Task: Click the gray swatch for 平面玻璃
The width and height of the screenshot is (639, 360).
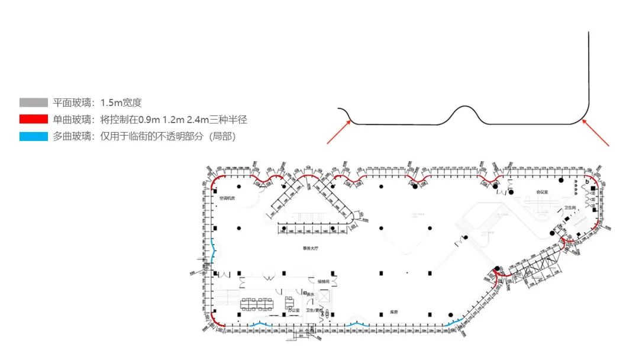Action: click(x=33, y=103)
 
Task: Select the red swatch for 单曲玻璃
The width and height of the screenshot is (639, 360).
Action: click(x=33, y=120)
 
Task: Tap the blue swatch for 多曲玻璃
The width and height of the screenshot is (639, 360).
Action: click(x=33, y=137)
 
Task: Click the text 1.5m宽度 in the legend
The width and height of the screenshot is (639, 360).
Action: click(x=121, y=103)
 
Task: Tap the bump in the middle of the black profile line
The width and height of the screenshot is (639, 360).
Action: click(x=466, y=112)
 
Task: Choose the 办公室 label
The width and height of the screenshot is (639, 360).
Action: click(x=294, y=309)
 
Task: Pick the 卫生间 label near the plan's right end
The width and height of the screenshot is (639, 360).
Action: click(x=570, y=208)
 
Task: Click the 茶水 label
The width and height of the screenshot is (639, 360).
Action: click(x=309, y=294)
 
